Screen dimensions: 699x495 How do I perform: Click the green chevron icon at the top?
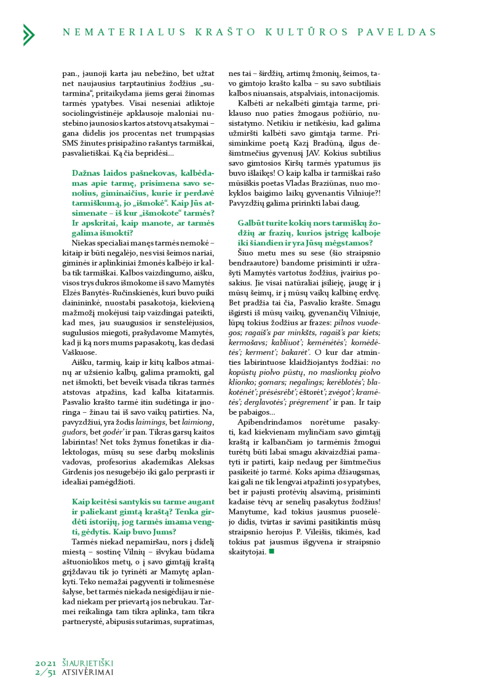click(x=29, y=35)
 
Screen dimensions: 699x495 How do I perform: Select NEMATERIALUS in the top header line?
click(x=124, y=32)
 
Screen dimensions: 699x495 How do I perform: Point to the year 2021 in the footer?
click(x=46, y=663)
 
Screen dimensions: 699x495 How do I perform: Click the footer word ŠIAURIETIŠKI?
click(x=88, y=663)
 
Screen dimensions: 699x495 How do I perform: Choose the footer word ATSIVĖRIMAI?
click(x=88, y=672)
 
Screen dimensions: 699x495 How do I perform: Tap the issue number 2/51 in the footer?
click(x=46, y=672)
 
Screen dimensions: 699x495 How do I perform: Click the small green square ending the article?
click(x=272, y=551)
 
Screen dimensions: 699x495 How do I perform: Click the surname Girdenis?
click(x=78, y=472)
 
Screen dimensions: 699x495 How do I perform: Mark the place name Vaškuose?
click(x=80, y=352)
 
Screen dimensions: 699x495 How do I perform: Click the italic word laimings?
click(x=151, y=422)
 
